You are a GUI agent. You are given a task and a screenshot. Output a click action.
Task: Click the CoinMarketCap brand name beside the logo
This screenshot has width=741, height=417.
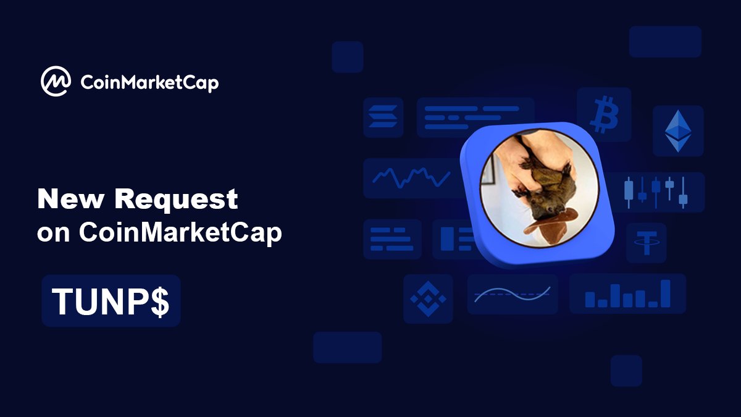point(149,82)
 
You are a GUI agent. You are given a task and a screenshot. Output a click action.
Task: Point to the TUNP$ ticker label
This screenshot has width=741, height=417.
point(111,301)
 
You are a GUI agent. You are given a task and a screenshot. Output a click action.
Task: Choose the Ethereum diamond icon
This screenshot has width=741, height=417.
point(677,130)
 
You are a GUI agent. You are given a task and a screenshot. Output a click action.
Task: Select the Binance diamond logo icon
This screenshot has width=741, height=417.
point(428,299)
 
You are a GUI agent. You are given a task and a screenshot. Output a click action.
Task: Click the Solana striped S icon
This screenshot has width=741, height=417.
point(383,117)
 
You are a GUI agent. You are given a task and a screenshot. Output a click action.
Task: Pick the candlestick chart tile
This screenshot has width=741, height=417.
point(656,192)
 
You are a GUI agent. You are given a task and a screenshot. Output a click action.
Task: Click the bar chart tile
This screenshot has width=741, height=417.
point(627,293)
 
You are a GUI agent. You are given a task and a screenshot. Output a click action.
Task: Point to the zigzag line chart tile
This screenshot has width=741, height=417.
point(411,178)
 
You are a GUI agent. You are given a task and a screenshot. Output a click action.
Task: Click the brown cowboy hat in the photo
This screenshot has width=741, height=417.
point(551,222)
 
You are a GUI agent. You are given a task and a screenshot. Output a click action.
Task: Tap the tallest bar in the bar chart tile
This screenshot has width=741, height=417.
point(665,293)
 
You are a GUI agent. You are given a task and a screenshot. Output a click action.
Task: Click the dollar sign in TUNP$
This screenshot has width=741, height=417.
point(160,301)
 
